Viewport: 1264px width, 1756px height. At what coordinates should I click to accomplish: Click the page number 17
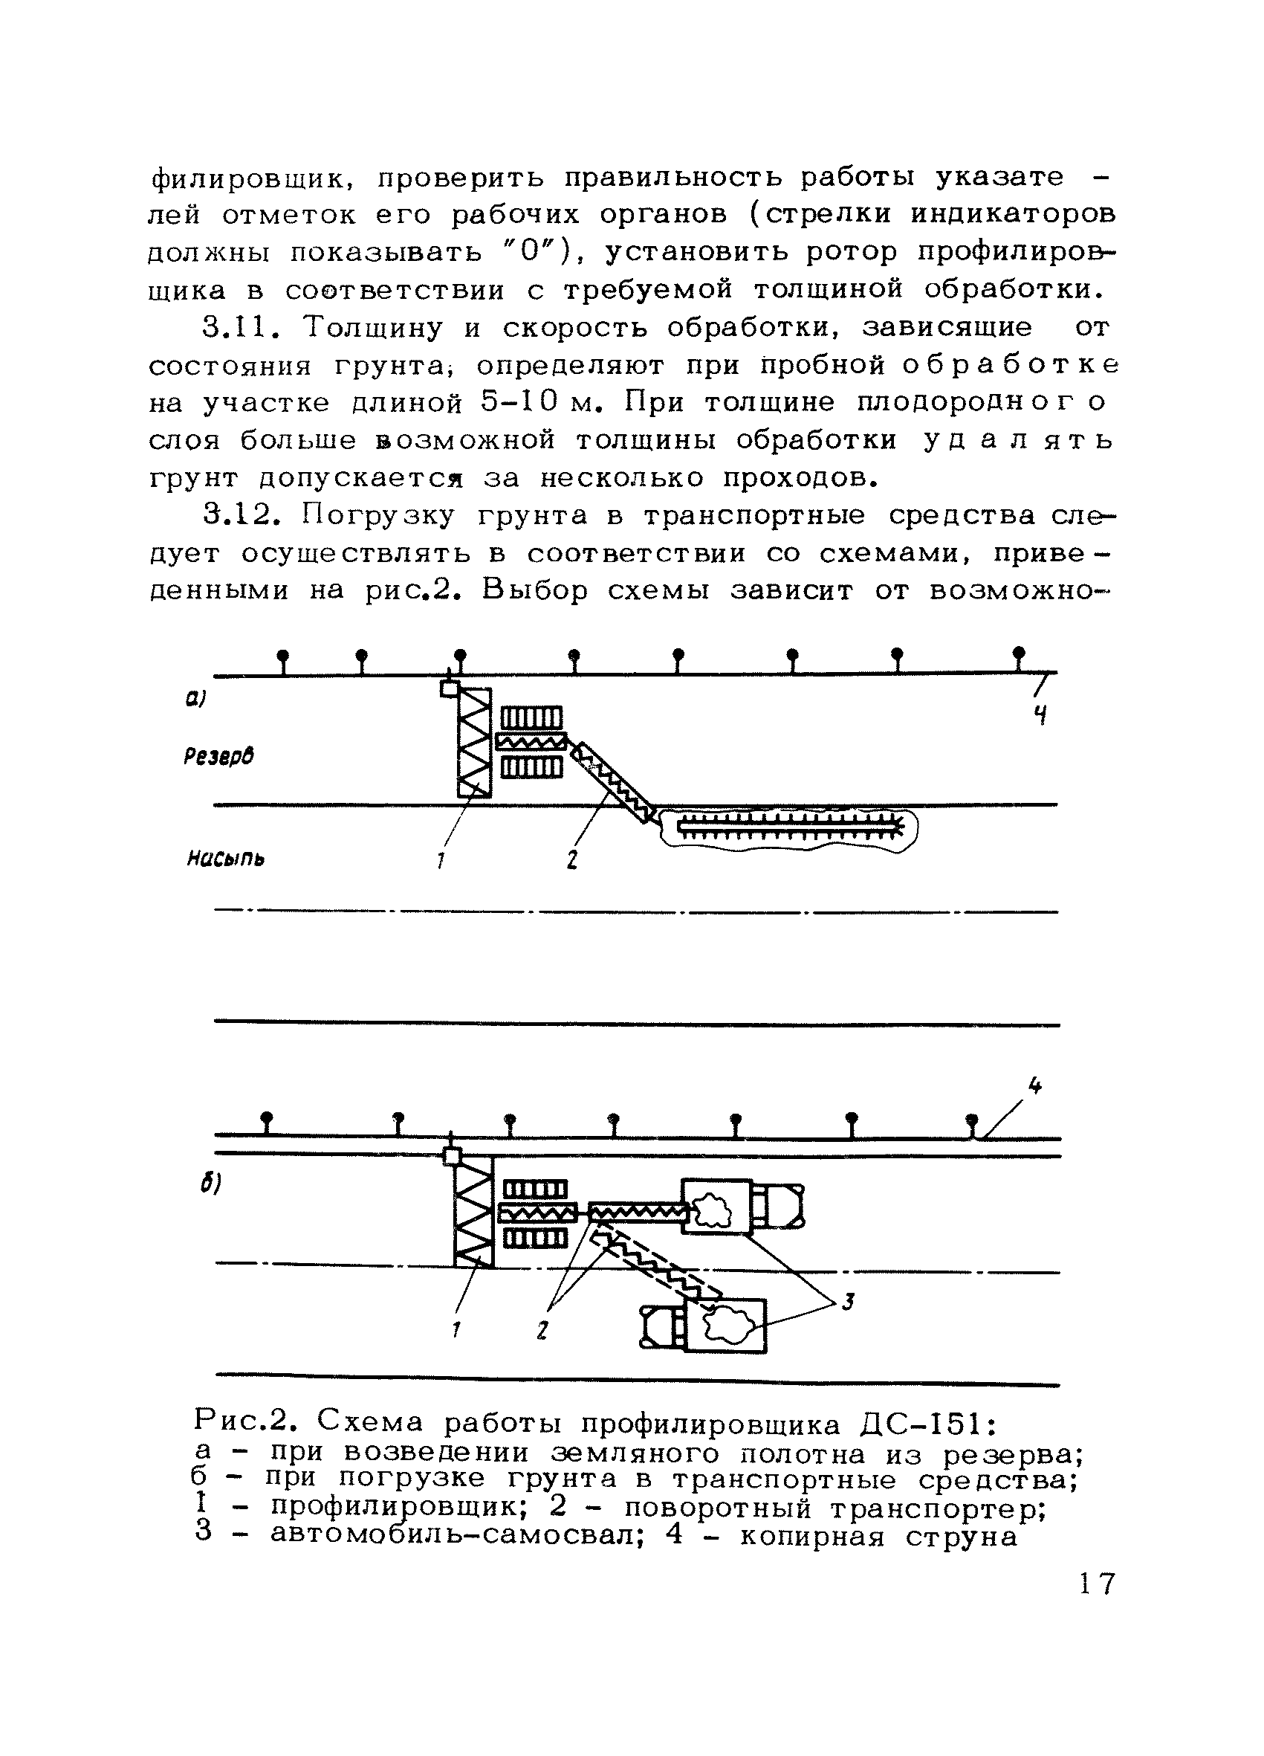1097,1584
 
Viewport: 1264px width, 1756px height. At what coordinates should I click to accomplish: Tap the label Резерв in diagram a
220,755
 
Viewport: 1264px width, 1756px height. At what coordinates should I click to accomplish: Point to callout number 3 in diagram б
849,1303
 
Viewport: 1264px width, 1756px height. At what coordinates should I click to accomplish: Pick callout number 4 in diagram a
1041,714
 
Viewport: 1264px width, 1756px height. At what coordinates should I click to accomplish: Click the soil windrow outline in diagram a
789,830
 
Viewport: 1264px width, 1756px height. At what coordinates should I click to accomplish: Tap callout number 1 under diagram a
439,859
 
